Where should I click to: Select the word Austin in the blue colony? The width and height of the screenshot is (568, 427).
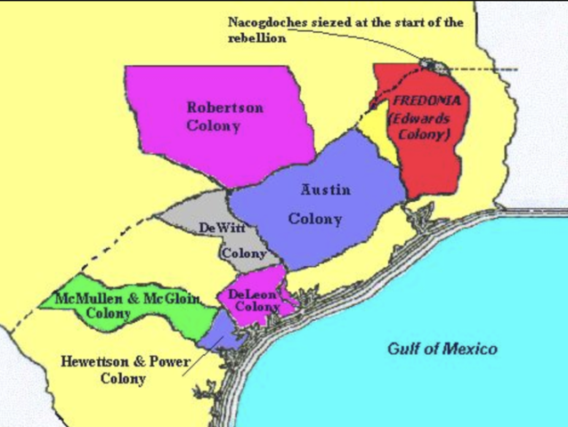[x=325, y=189]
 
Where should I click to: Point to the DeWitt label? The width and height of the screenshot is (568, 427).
[x=222, y=229]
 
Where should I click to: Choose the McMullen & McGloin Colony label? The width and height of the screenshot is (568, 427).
[x=127, y=305]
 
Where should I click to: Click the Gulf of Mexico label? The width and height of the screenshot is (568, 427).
[x=442, y=349]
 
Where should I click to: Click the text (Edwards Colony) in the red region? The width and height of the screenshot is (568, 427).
[x=421, y=125]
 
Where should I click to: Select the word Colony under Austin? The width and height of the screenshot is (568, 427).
[x=314, y=219]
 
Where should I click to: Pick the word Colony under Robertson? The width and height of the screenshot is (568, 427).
[x=214, y=126]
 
